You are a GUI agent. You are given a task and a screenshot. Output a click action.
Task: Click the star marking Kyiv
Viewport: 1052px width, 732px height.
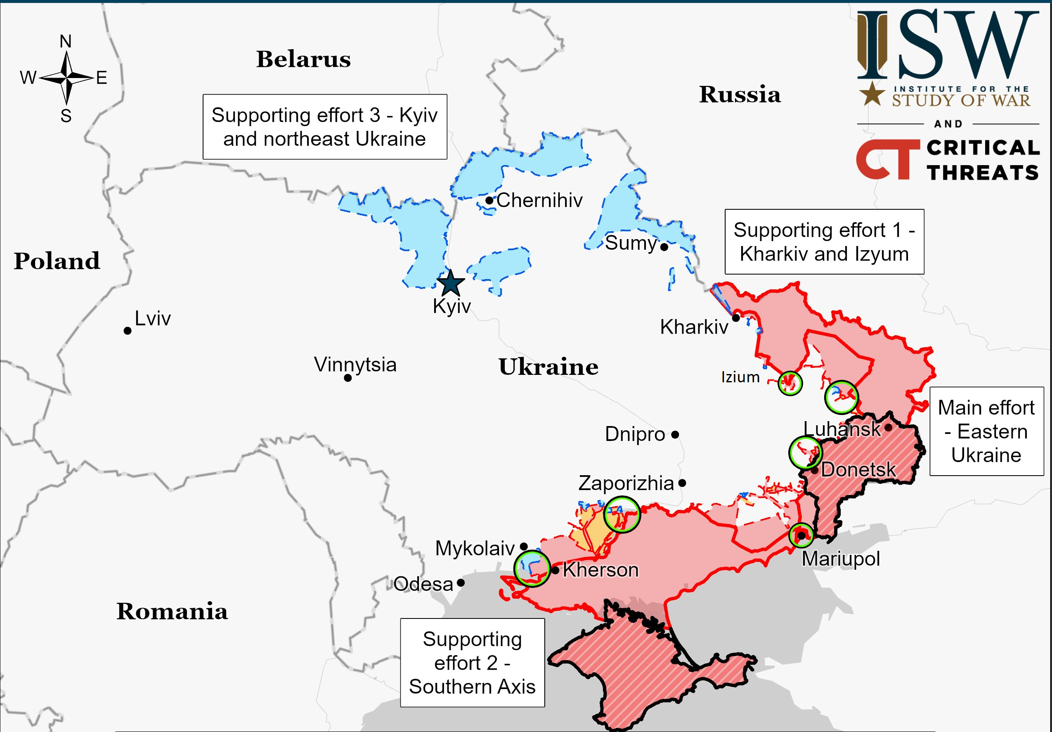pyautogui.click(x=450, y=283)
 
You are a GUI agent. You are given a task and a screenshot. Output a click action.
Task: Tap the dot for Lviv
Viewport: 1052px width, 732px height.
pyautogui.click(x=128, y=330)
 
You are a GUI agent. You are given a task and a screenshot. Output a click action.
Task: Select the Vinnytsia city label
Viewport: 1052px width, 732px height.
pyautogui.click(x=355, y=365)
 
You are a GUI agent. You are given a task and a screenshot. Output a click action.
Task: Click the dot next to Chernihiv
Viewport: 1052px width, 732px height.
pyautogui.click(x=489, y=200)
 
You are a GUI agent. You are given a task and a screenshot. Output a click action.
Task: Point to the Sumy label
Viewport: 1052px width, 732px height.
pyautogui.click(x=631, y=242)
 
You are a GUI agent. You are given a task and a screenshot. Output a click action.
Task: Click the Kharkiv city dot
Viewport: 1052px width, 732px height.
pyautogui.click(x=736, y=317)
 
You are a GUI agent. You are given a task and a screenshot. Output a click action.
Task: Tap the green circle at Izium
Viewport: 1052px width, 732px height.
pyautogui.click(x=790, y=383)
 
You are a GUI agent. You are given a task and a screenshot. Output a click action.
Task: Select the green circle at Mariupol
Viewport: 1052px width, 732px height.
pyautogui.click(x=801, y=535)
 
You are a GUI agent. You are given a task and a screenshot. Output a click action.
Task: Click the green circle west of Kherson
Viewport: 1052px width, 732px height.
pyautogui.click(x=532, y=569)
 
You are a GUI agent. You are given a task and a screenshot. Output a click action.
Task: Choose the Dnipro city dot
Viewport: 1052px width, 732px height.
pyautogui.click(x=675, y=434)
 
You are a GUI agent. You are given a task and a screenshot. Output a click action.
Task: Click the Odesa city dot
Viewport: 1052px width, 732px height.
pyautogui.click(x=461, y=583)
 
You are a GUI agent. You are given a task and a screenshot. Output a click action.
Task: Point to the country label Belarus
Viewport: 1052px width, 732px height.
pyautogui.click(x=303, y=59)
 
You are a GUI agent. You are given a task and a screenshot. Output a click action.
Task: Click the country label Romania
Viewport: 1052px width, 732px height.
pyautogui.click(x=172, y=611)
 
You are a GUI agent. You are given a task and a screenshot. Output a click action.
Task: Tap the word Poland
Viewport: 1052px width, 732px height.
pyautogui.click(x=57, y=261)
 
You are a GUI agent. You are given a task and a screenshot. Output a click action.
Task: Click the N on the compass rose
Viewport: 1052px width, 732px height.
pyautogui.click(x=66, y=41)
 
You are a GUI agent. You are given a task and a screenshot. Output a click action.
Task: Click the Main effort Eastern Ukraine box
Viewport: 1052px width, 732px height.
pyautogui.click(x=986, y=431)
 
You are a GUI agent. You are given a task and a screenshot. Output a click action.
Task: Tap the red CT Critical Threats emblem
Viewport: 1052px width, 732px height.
pyautogui.click(x=887, y=159)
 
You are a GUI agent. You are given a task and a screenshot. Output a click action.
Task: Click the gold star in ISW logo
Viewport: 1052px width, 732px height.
pyautogui.click(x=872, y=94)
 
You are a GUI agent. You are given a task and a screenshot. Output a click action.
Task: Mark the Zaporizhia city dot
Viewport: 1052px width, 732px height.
pyautogui.click(x=682, y=483)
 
